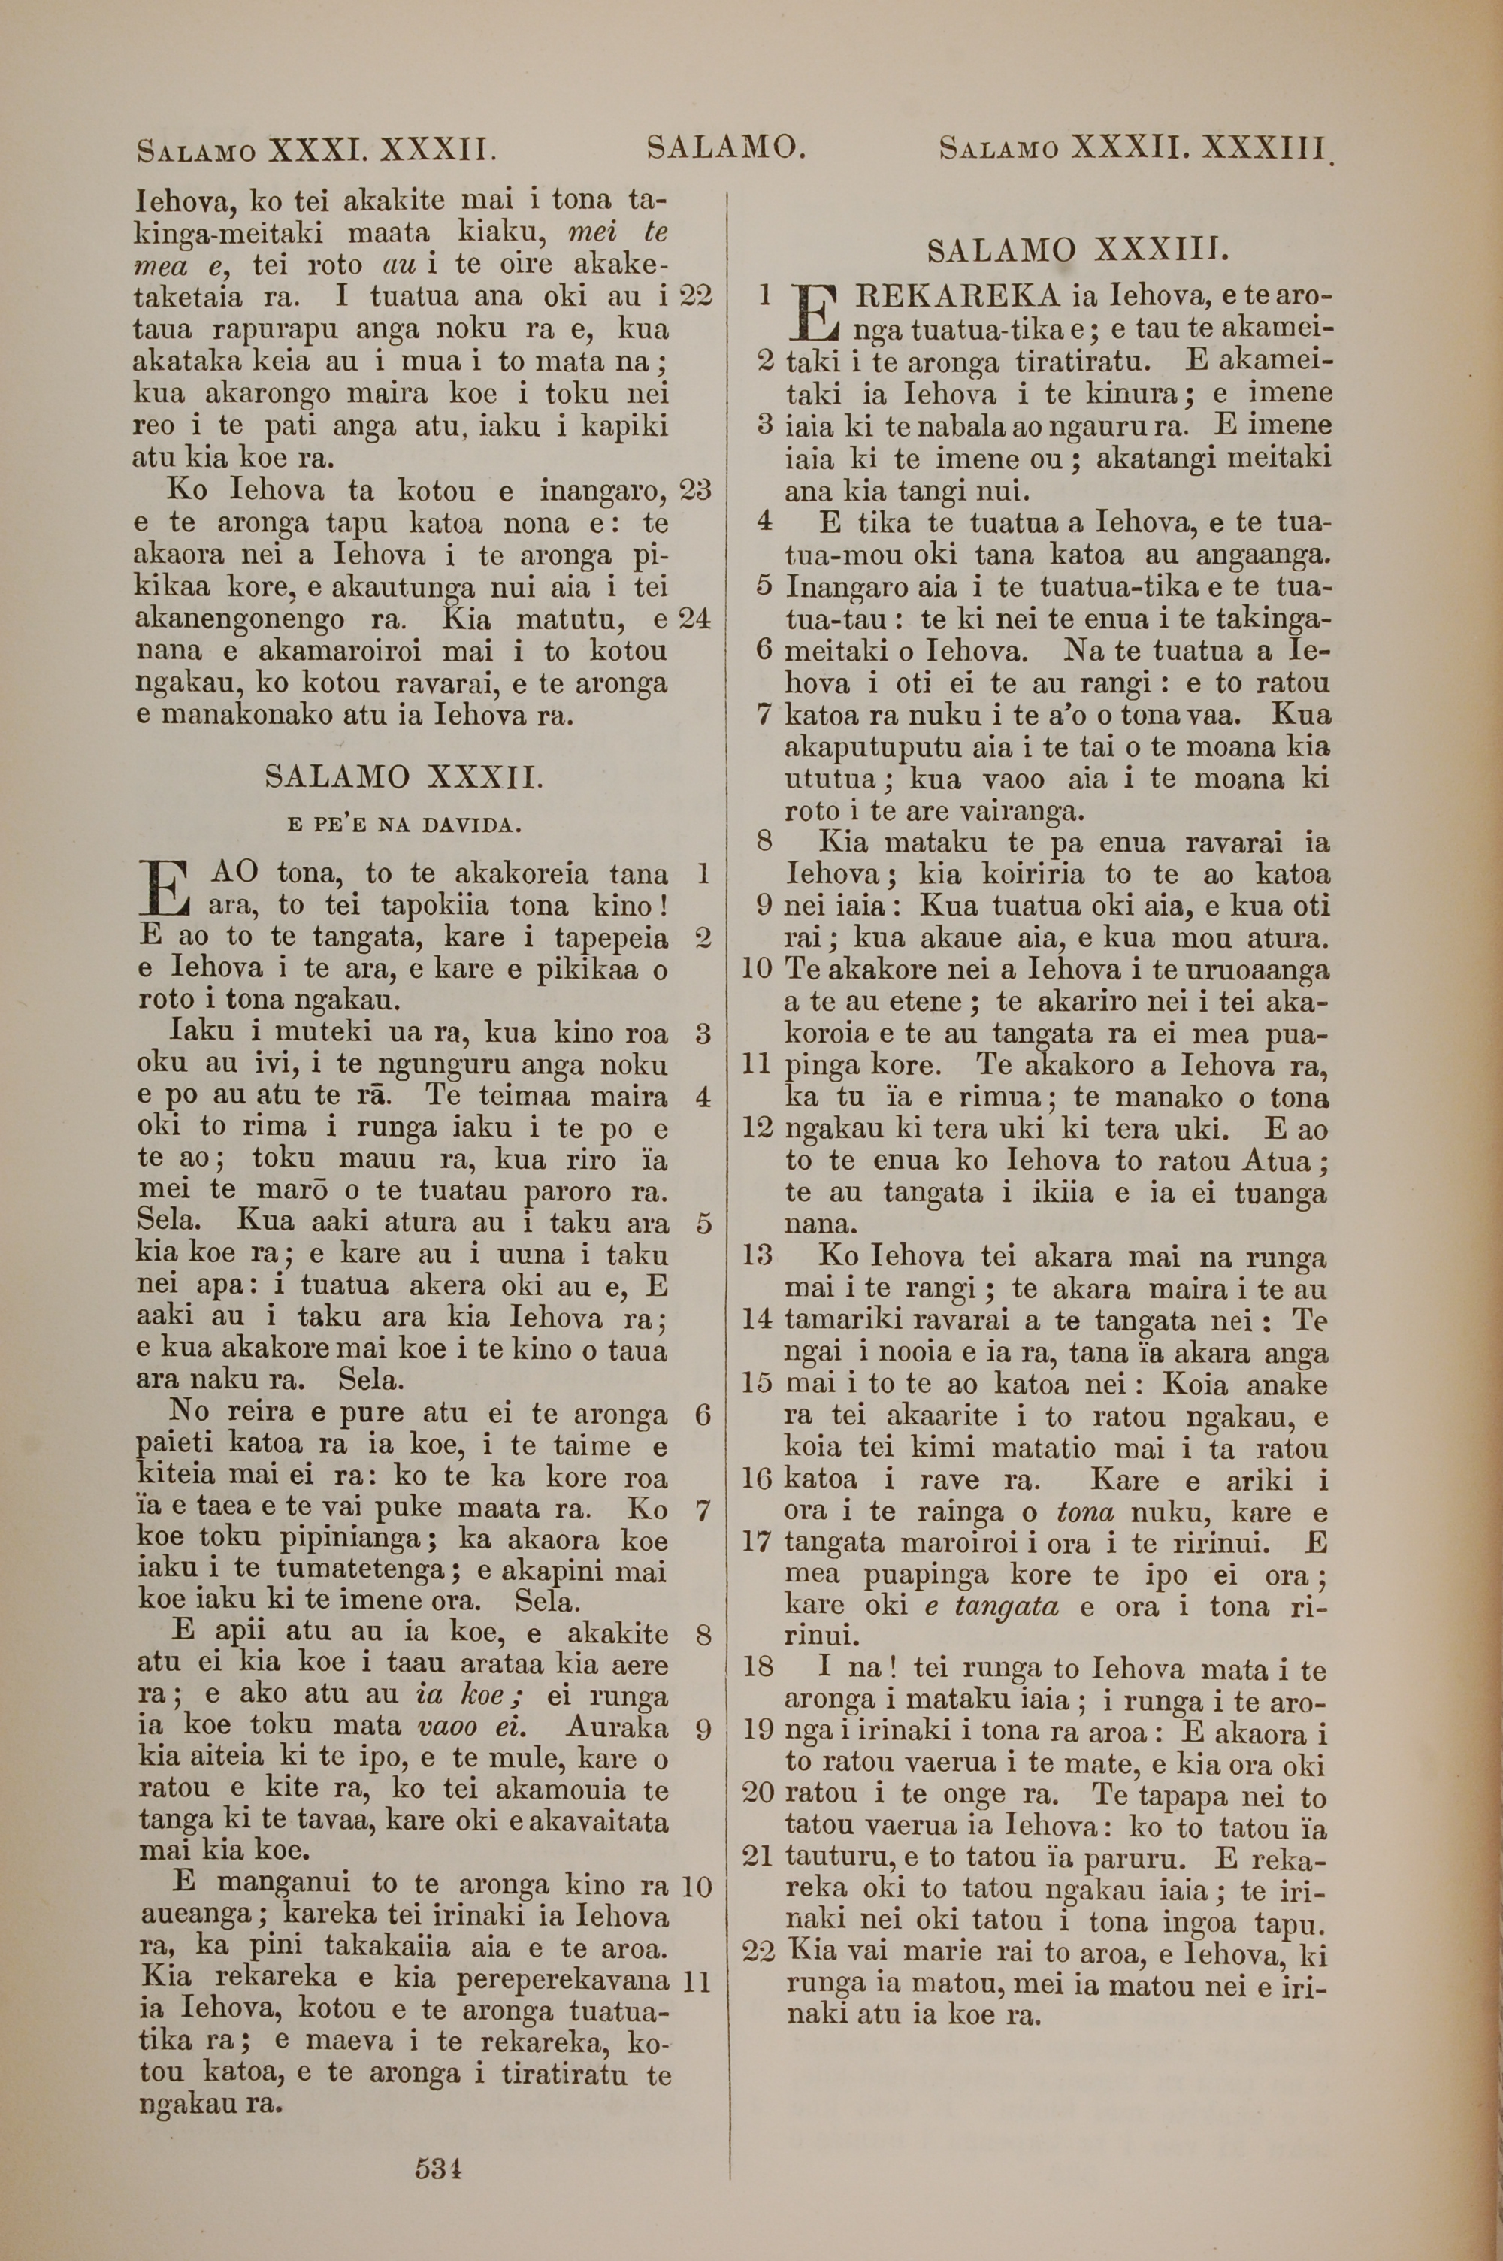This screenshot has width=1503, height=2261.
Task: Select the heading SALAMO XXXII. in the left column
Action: click(x=404, y=776)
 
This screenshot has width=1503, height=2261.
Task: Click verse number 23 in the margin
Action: click(x=695, y=491)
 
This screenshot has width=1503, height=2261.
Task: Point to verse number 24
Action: click(x=695, y=619)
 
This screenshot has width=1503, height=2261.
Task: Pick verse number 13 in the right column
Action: click(x=758, y=1255)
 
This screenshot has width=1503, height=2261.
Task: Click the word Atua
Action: click(x=1279, y=1161)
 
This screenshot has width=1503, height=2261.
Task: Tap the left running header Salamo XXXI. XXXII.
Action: click(x=316, y=150)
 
